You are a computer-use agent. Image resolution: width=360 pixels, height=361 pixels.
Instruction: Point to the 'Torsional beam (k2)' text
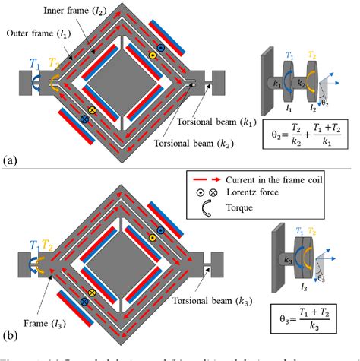point(210,141)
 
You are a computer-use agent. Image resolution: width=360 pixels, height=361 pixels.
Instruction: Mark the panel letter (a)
point(10,160)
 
